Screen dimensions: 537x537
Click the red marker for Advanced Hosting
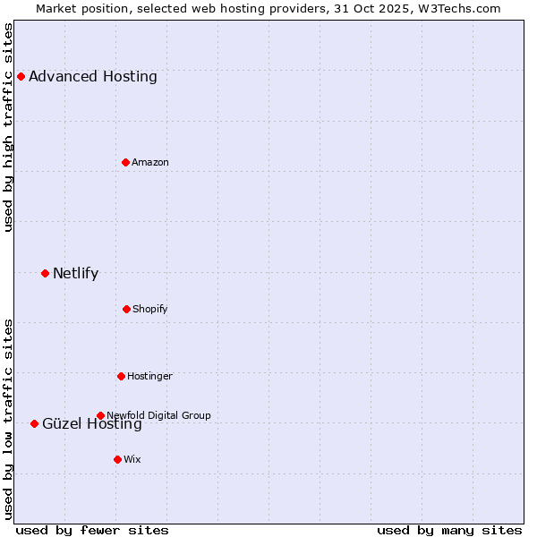click(x=21, y=77)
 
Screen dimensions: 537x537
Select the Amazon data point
click(x=125, y=162)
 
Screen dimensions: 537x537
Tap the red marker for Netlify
click(x=45, y=273)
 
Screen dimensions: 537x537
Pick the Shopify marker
click(x=126, y=309)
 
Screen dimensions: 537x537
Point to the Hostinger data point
click(x=121, y=376)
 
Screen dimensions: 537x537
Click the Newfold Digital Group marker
click(x=100, y=415)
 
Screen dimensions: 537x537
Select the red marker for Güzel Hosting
click(x=34, y=423)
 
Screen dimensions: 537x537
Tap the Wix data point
click(x=117, y=459)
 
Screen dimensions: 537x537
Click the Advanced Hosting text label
click(x=93, y=77)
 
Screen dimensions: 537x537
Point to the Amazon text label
click(x=150, y=162)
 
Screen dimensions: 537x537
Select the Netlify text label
click(x=75, y=273)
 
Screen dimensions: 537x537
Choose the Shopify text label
click(x=150, y=309)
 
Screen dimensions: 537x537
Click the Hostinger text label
click(x=149, y=376)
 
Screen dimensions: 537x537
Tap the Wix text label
click(x=132, y=459)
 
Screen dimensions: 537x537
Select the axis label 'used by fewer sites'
click(x=92, y=530)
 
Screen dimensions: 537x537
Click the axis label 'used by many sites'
click(x=449, y=530)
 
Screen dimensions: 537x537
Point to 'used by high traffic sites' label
click(x=9, y=127)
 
